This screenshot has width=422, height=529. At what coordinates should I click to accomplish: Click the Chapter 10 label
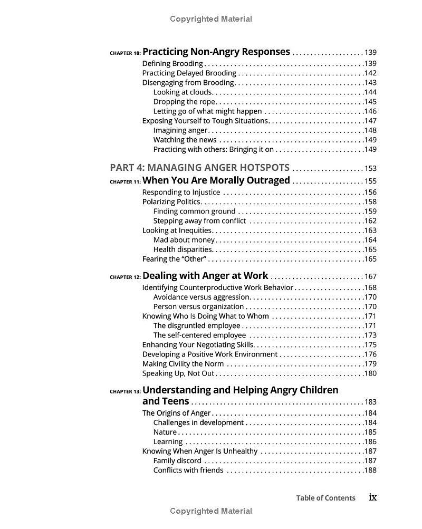click(125, 53)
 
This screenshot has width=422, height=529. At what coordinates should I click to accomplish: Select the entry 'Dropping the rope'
click(184, 102)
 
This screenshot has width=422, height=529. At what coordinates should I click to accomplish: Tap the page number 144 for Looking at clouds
click(370, 92)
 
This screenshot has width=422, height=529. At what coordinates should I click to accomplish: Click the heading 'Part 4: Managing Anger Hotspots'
click(199, 168)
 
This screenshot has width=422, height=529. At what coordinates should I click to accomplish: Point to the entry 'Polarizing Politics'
click(171, 201)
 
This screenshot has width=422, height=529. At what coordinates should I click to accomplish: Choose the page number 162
click(370, 221)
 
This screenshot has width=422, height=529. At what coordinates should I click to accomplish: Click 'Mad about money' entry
click(184, 240)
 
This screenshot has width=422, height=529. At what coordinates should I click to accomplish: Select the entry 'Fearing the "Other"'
click(174, 259)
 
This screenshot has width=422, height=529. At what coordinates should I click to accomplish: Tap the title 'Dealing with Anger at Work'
click(205, 276)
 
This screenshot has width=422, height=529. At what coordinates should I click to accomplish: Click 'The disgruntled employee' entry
click(197, 326)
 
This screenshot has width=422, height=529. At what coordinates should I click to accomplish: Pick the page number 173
click(370, 335)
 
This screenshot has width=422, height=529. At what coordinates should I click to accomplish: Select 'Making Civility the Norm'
click(183, 364)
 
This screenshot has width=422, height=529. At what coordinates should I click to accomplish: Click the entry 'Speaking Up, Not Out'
click(178, 373)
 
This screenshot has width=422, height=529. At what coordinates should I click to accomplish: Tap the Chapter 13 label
click(125, 392)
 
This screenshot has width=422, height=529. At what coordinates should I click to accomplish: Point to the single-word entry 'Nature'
click(165, 432)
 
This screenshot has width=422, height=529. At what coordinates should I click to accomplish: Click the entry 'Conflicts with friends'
click(188, 470)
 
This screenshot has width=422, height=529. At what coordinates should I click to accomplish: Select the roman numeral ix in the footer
click(372, 497)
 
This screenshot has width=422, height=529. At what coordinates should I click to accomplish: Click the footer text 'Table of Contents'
click(325, 498)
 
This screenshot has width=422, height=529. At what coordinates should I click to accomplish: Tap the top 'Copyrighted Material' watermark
click(211, 19)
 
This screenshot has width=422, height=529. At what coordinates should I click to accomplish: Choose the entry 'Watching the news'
click(185, 140)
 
